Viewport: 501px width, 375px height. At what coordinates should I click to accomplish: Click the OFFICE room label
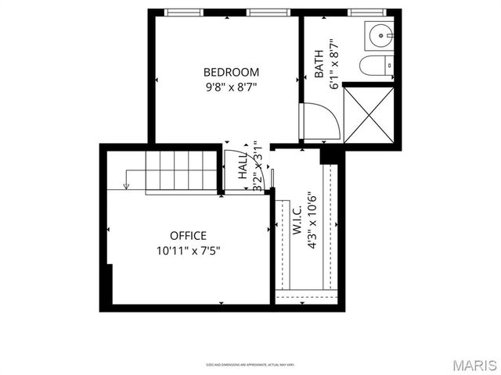188,235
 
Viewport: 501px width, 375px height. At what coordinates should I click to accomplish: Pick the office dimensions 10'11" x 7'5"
188,251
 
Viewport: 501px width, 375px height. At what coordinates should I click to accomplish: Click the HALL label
243,166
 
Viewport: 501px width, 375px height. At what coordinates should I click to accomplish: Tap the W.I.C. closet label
297,224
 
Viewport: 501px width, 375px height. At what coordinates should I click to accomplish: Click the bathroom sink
381,35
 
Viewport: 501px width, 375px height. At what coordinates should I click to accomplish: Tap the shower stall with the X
369,115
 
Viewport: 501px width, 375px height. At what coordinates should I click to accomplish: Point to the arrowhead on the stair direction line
125,185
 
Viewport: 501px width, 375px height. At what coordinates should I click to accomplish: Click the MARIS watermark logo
473,365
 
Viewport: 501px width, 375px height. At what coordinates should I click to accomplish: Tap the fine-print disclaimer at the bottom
250,365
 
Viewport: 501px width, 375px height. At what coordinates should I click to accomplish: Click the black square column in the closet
332,155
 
